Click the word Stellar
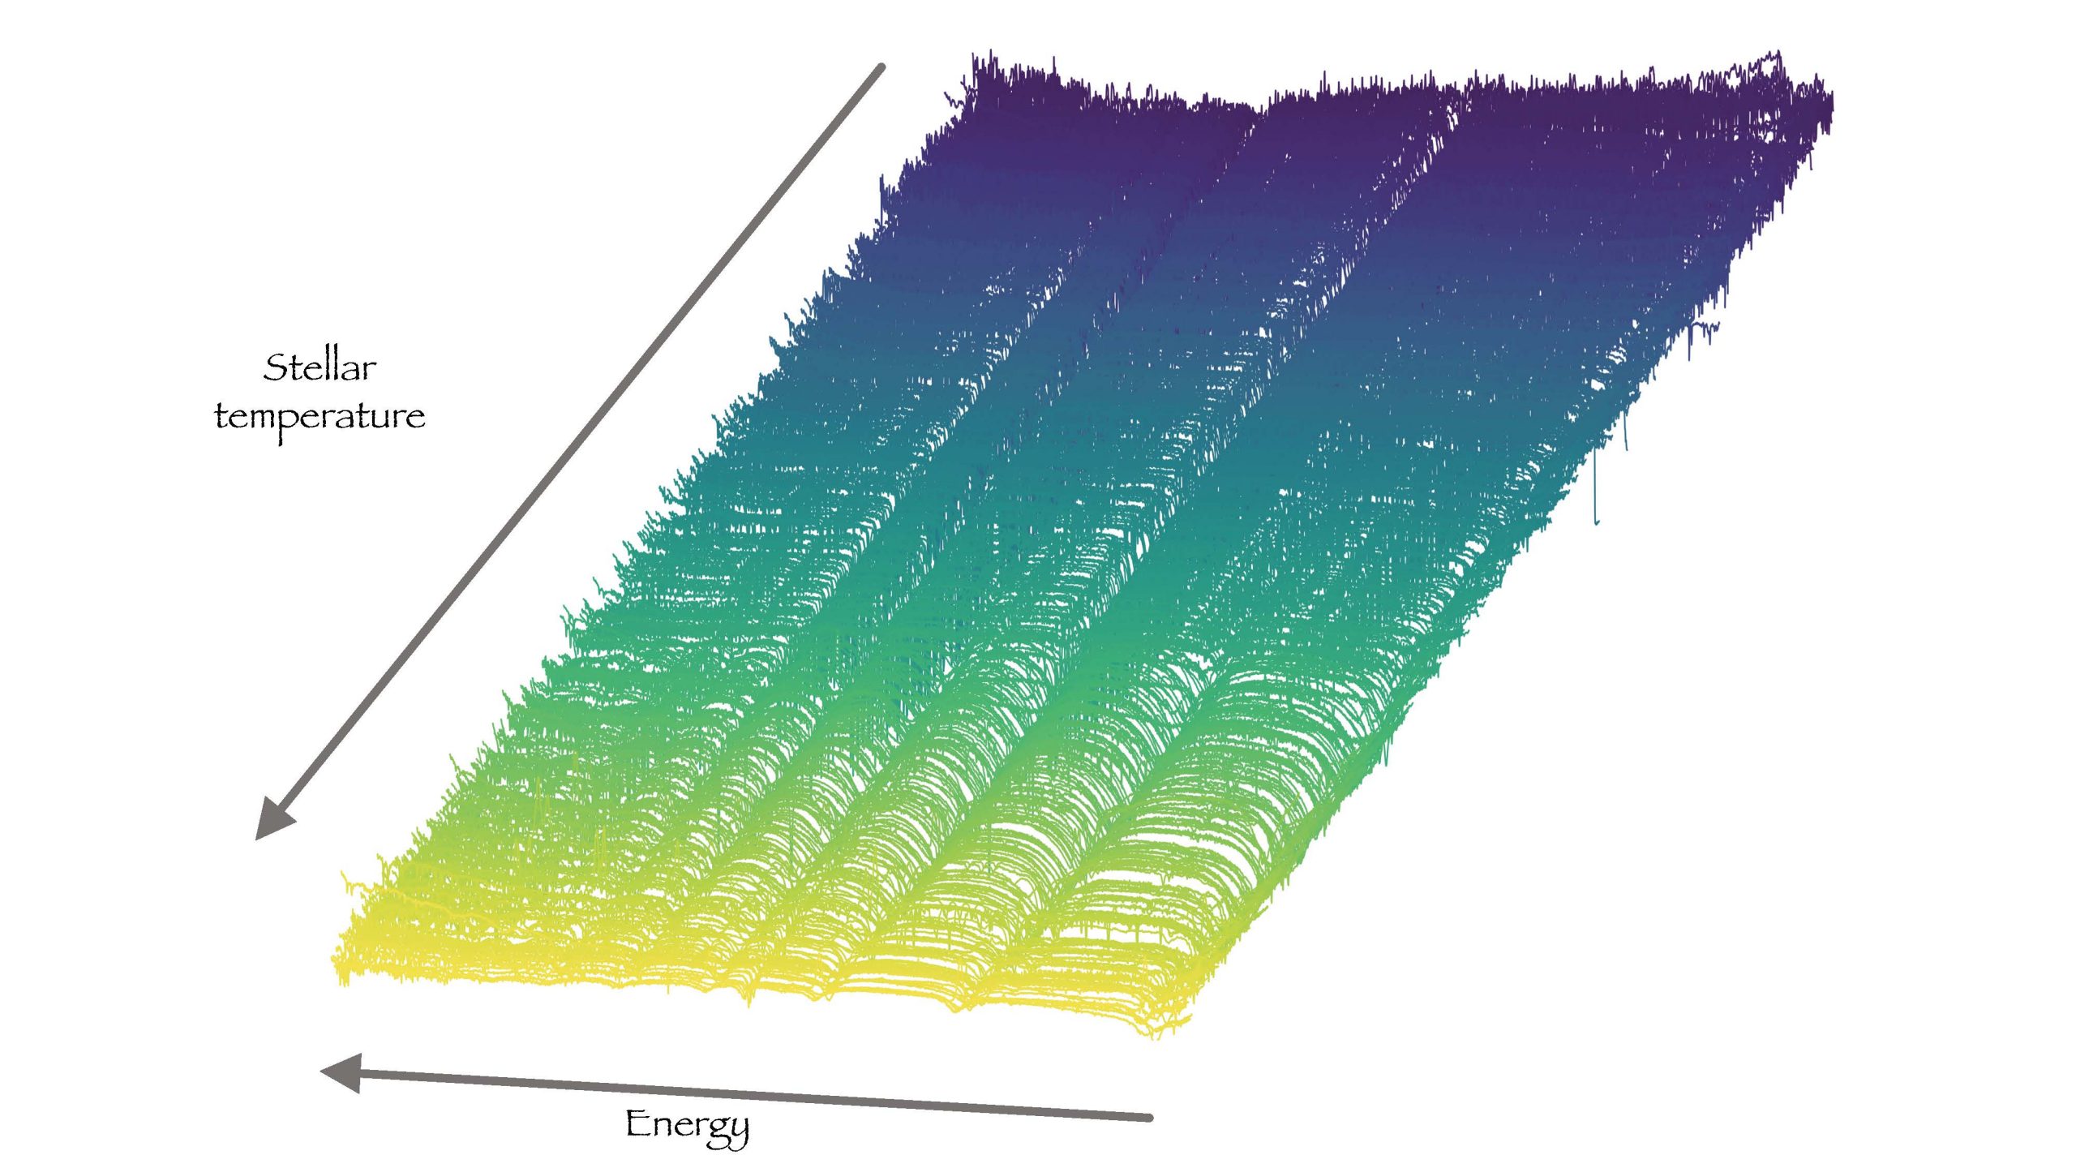coord(320,367)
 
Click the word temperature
coord(320,418)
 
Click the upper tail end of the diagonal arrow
coord(881,67)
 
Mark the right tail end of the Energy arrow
coord(1148,1118)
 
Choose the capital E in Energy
coord(638,1123)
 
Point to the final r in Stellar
coord(369,370)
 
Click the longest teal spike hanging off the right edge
coord(1596,487)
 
